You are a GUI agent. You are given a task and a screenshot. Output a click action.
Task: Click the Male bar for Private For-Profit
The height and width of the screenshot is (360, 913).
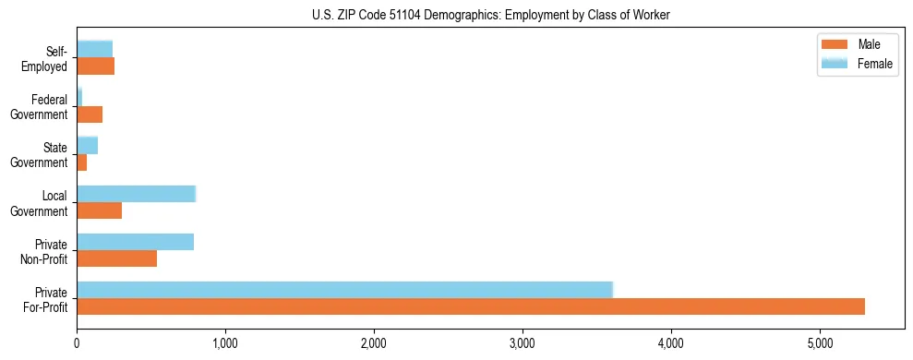(471, 306)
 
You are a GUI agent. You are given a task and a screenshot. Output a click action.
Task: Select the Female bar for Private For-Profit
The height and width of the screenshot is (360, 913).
(344, 289)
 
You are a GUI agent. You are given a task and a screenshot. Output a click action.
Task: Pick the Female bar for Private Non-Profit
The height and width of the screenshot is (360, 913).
(135, 242)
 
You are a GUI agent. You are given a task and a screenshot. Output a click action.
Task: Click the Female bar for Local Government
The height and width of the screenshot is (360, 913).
(136, 194)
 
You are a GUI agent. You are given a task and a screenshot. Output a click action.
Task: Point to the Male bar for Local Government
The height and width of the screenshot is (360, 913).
(99, 210)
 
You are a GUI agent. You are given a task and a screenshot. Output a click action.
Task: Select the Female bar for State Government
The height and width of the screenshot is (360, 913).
(87, 145)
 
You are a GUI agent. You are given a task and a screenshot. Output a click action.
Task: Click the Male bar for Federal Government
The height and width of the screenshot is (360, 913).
(90, 114)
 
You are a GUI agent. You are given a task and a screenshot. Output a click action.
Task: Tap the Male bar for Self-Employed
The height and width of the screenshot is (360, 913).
(95, 66)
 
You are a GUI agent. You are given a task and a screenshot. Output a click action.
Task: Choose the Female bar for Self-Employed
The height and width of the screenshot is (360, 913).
(94, 49)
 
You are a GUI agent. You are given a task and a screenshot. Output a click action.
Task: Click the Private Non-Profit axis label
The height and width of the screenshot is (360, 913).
(45, 251)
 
